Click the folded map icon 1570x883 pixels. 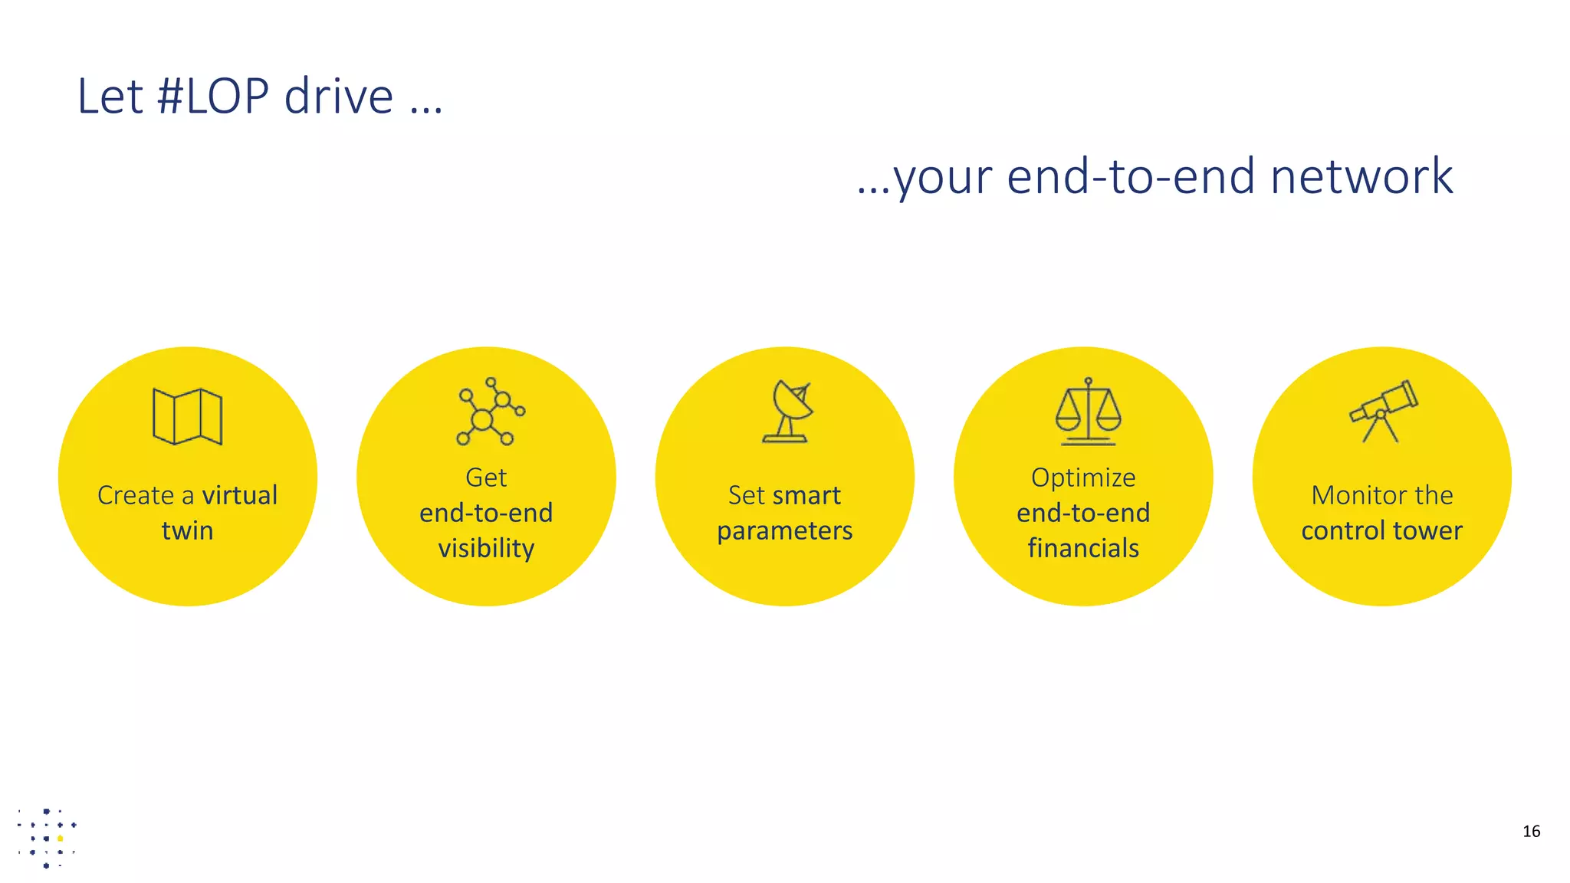187,416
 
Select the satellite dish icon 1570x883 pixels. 787,412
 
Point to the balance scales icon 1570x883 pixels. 1088,412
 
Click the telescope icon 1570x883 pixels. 1384,411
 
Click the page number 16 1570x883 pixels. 1531,832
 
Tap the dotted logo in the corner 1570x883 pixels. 47,838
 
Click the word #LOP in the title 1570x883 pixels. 212,97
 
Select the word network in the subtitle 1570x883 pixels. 1361,177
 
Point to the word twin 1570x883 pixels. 187,530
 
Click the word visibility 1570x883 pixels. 486,549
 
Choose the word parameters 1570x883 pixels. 784,530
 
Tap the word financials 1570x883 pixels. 1083,548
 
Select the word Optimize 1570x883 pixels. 1083,478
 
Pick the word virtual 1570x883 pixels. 239,495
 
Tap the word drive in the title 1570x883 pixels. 338,97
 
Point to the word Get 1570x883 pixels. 486,478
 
